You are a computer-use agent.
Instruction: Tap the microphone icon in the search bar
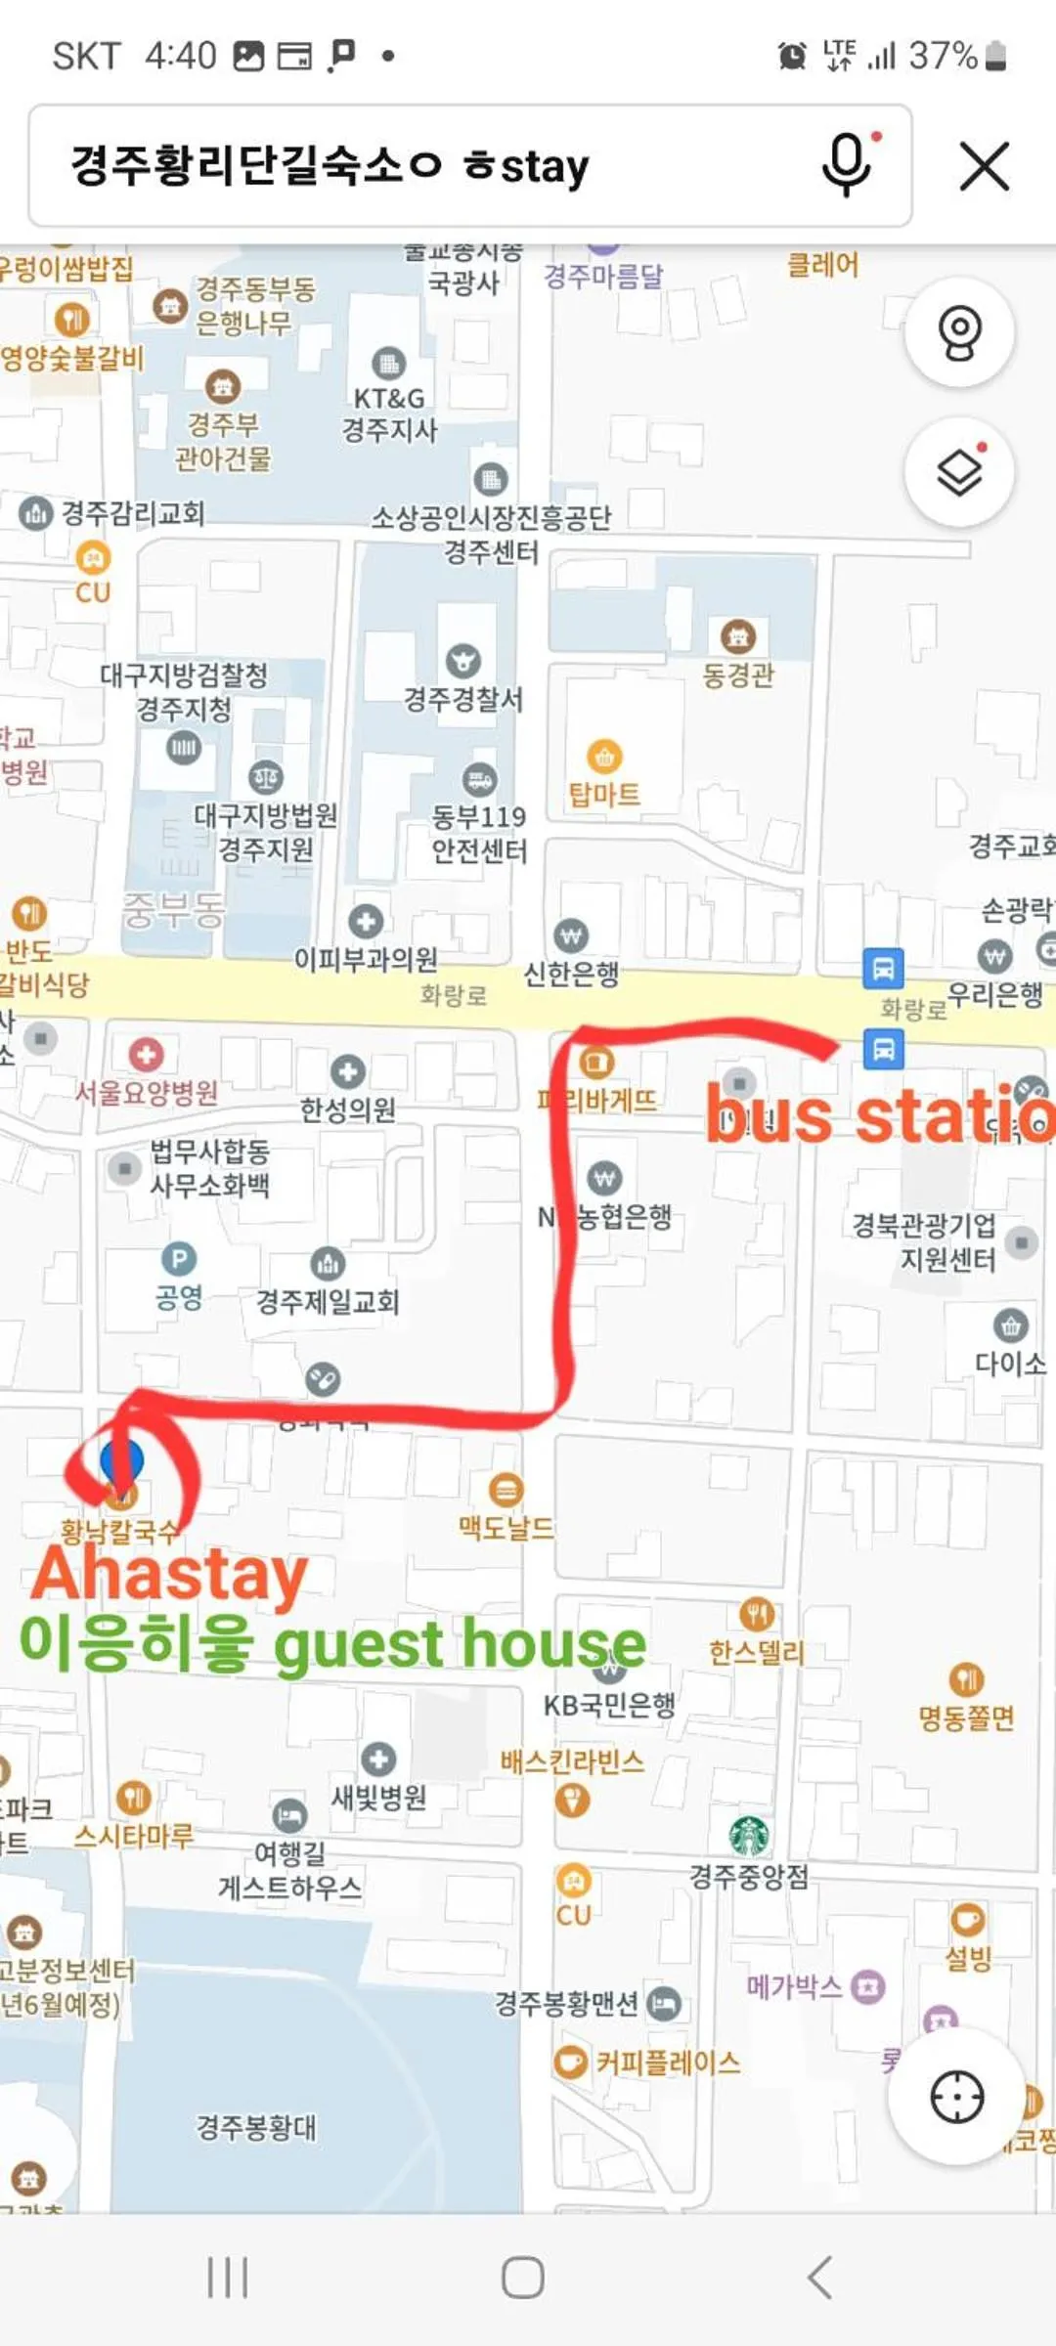point(847,164)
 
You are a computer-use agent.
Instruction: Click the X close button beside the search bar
point(984,165)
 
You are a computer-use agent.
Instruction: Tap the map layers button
point(959,473)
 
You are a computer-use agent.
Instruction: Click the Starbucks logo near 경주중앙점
point(749,1835)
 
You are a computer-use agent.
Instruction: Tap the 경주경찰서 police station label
point(463,699)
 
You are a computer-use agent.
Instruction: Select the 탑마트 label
point(604,794)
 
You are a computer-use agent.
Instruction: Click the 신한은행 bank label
point(572,974)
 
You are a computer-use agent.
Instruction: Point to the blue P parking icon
point(178,1258)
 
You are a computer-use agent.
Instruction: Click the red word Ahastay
point(170,1573)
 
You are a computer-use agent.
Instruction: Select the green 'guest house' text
point(460,1645)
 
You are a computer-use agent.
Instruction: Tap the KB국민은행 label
point(609,1706)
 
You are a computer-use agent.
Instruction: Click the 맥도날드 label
point(506,1527)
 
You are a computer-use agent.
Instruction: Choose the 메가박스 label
point(794,1986)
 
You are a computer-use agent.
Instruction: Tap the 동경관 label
point(738,674)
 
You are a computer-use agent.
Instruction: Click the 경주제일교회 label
point(328,1301)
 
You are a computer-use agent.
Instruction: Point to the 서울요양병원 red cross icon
point(147,1055)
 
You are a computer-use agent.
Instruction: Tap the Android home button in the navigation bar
point(523,2277)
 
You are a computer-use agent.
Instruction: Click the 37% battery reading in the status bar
point(943,56)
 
